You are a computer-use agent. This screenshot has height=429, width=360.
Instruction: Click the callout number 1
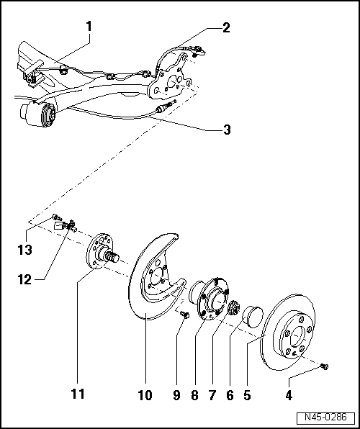(89, 27)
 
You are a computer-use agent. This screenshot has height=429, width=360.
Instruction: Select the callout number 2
(227, 29)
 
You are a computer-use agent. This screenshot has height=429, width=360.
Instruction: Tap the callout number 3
(227, 130)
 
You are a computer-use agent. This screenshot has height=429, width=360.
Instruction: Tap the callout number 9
(176, 394)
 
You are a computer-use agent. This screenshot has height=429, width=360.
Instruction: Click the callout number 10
(145, 394)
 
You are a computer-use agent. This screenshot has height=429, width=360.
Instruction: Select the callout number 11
(78, 394)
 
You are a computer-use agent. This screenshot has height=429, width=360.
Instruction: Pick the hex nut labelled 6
(234, 310)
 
